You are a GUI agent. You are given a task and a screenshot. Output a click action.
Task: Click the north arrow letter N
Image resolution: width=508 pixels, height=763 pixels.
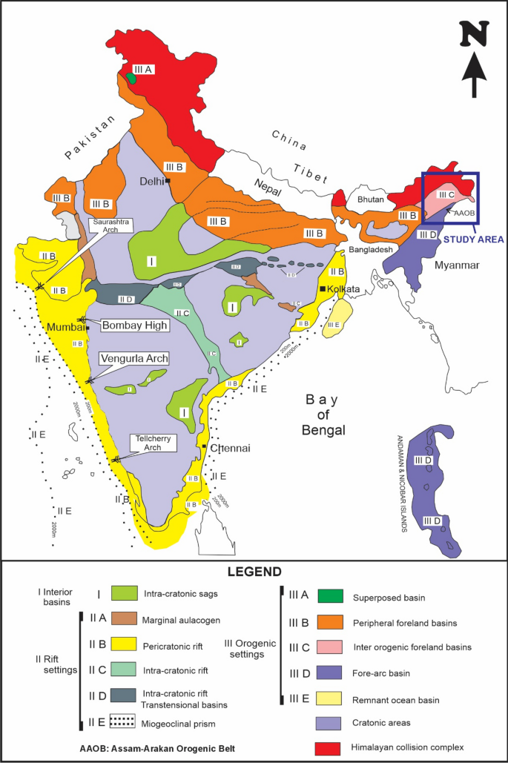[474, 34]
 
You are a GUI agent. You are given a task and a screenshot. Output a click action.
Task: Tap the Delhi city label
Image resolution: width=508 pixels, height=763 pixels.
[152, 181]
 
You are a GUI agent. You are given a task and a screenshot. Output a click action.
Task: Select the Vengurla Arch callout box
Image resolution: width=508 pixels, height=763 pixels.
[133, 358]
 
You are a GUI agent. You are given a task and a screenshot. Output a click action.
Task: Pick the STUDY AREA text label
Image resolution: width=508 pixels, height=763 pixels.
[472, 239]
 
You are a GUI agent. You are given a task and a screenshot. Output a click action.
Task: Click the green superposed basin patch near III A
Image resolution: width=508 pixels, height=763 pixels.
[131, 77]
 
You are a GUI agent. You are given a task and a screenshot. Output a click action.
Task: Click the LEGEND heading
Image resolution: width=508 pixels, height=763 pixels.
[254, 572]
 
